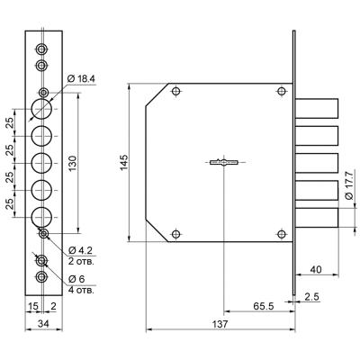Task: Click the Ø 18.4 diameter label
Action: pos(81,79)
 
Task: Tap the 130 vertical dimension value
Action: pos(74,163)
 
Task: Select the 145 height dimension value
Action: pos(124,162)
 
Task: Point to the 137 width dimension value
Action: pos(220,324)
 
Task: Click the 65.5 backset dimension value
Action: pos(264,306)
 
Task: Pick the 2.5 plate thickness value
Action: pos(312,297)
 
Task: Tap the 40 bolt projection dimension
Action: pos(316,269)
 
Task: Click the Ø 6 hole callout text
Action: pos(76,279)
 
